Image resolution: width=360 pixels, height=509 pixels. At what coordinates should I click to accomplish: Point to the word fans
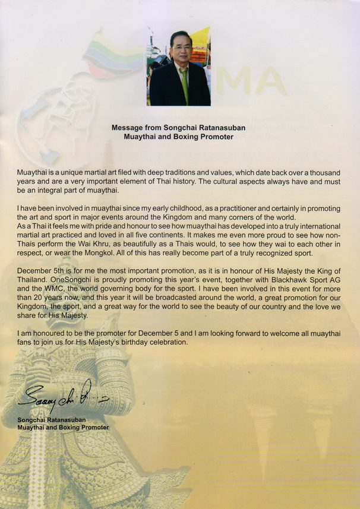click(x=27, y=343)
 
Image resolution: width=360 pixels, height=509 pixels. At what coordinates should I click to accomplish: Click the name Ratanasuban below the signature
click(x=75, y=420)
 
